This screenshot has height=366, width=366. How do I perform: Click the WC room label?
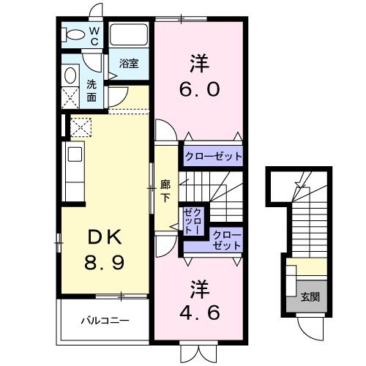(x=94, y=36)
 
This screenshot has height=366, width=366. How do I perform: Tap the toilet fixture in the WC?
(x=72, y=34)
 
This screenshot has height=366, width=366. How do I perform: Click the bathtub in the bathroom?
(x=129, y=36)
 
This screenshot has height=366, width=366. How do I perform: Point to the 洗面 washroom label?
(x=91, y=89)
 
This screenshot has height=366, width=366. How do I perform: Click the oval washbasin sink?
(x=71, y=75)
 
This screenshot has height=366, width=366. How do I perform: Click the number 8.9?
(x=104, y=261)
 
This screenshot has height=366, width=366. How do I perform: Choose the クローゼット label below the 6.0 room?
(x=212, y=157)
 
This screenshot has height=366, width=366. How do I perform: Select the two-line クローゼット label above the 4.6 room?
(x=226, y=239)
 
